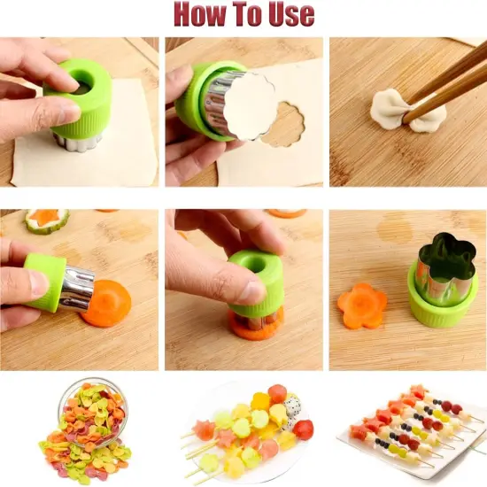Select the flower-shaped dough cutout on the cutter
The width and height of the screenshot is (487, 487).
coord(250,104)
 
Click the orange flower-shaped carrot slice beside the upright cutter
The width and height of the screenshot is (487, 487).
coord(361,305)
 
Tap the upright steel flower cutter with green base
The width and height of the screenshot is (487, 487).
coord(442,279)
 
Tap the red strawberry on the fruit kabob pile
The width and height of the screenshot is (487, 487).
coord(304,429)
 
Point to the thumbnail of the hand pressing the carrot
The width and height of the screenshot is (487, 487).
coord(243,290)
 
